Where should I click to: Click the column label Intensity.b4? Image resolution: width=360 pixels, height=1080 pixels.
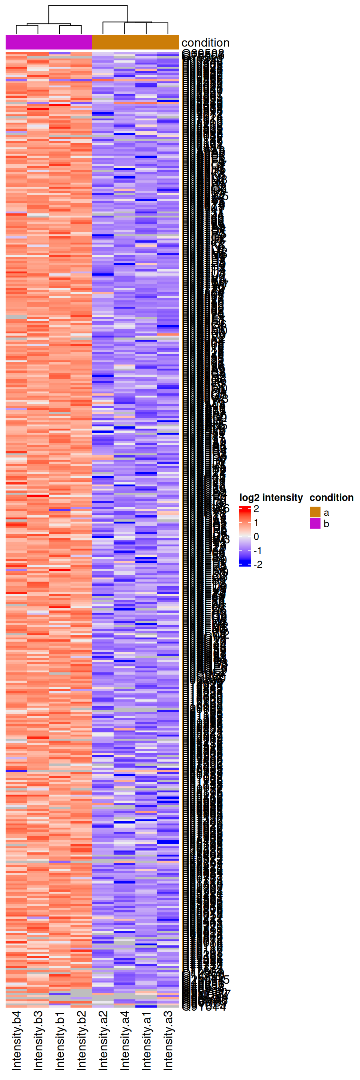click(16, 1040)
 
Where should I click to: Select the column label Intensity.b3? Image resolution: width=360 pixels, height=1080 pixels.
click(38, 1040)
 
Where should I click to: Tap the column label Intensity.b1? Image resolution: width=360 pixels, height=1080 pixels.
click(60, 1040)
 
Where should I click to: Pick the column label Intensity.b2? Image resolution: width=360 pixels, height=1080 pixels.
click(81, 1040)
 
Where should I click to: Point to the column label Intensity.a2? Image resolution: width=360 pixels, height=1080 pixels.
click(103, 1040)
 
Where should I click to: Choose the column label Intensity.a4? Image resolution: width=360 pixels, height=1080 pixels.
click(125, 1040)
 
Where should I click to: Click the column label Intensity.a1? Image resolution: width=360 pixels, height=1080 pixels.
click(146, 1040)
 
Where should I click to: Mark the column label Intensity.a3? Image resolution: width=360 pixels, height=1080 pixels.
click(168, 1040)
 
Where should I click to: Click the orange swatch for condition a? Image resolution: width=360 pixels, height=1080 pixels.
click(315, 512)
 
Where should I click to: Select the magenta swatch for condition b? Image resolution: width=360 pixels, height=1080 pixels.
click(315, 523)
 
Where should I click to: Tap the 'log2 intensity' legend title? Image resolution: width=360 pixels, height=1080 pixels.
click(271, 497)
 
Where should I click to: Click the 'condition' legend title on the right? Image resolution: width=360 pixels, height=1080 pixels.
click(331, 497)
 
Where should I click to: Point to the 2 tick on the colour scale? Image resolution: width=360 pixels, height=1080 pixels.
click(256, 509)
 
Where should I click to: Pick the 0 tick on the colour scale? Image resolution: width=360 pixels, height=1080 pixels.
click(256, 537)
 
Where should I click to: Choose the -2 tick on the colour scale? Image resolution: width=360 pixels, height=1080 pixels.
click(258, 564)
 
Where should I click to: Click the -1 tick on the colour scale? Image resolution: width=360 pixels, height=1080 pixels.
click(258, 550)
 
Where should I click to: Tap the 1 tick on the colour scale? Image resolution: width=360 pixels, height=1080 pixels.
click(256, 523)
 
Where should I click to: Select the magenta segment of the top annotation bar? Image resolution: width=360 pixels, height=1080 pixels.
click(49, 42)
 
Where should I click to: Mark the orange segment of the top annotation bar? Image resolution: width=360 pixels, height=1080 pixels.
click(135, 42)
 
